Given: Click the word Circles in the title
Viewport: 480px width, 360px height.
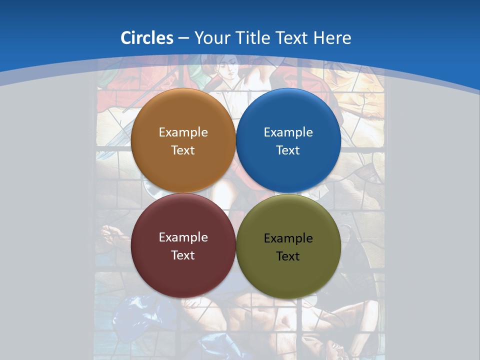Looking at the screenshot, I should coord(147,38).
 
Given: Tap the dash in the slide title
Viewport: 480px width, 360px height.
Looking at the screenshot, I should coord(183,38).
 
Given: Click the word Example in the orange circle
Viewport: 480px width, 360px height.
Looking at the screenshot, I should coord(183,132).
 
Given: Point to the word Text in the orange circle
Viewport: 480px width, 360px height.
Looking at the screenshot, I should coord(183,150).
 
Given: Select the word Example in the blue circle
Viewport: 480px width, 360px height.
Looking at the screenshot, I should coord(288,132).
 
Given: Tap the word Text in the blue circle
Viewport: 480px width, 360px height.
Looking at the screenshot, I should coord(288,150).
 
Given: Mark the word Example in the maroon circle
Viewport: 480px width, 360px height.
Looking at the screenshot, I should coord(183,237).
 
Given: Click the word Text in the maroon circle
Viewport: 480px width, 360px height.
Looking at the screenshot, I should coord(183,255).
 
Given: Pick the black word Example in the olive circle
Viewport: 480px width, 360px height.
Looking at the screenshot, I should coord(288,238).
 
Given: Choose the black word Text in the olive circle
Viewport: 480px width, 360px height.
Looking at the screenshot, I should coord(288,256).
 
